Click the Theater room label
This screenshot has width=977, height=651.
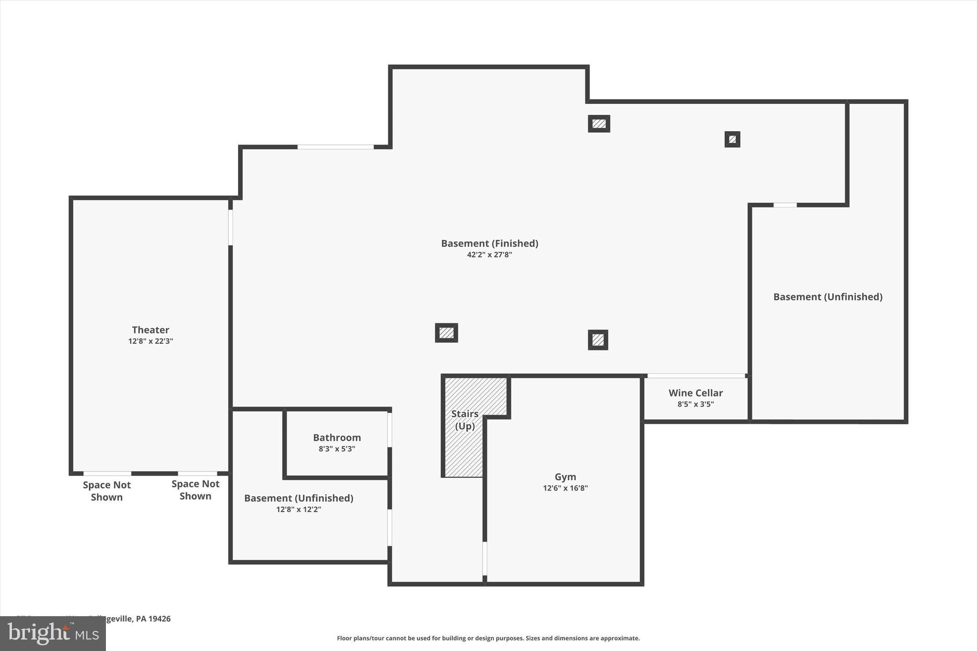point(150,330)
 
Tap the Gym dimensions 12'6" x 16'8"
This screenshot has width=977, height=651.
point(565,488)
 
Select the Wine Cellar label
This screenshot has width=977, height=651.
point(696,393)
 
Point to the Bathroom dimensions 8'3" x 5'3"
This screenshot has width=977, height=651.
point(337,449)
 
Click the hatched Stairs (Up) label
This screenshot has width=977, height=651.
point(465,420)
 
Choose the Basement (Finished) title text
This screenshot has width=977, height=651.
point(489,243)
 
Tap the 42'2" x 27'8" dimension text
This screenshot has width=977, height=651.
point(489,255)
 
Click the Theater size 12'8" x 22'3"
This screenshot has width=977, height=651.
point(150,341)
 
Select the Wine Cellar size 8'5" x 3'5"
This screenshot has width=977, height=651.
point(696,404)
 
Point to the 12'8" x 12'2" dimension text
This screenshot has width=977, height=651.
point(299,509)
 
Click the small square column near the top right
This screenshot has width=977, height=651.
point(732,139)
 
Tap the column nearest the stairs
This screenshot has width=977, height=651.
point(447,333)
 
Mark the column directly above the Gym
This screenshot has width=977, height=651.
point(598,340)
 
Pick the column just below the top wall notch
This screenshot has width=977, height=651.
point(599,124)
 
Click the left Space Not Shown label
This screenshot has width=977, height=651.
point(106,491)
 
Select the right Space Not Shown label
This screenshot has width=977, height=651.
point(196,490)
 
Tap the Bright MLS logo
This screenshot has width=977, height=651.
point(53,633)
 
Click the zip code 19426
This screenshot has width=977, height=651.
point(159,619)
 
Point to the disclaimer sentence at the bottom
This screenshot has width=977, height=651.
point(488,638)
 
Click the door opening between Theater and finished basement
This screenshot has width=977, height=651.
point(230,227)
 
